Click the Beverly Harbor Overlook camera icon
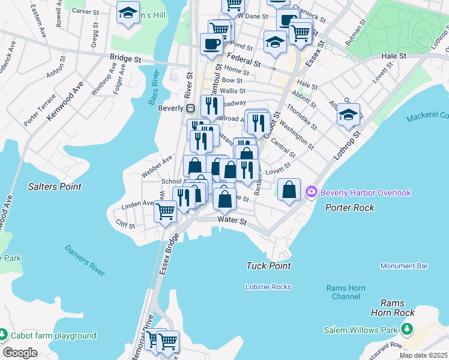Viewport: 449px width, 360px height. [x=312, y=193]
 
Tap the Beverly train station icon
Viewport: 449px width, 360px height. [x=190, y=109]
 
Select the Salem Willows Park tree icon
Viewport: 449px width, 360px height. [x=407, y=329]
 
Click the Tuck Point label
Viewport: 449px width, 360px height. [x=268, y=265]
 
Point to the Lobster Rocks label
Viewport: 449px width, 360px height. [x=268, y=287]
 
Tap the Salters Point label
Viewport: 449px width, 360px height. [x=55, y=187]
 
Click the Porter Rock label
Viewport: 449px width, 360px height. [x=350, y=208]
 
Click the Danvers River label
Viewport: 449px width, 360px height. [x=85, y=260]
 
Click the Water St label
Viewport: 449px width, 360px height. [x=232, y=221]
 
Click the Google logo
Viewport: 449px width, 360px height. [x=20, y=352]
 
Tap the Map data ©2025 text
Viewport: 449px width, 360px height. [x=423, y=355]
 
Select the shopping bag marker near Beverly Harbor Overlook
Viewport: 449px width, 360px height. [x=289, y=190]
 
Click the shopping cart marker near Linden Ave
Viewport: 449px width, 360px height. [x=165, y=211]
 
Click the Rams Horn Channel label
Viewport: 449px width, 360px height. [x=345, y=292]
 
